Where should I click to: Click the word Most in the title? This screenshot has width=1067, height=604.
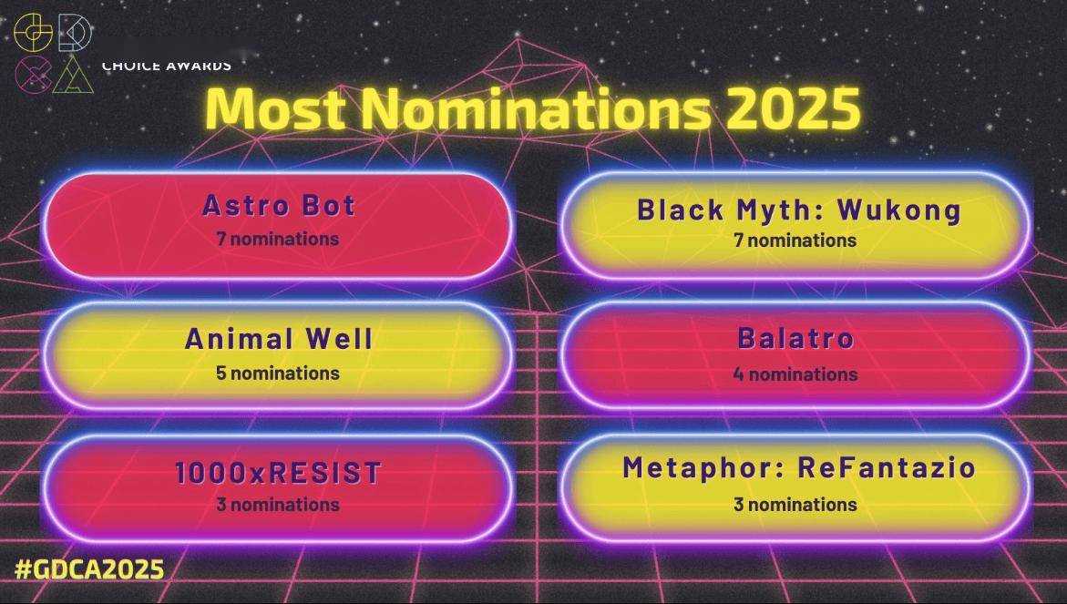click(x=275, y=108)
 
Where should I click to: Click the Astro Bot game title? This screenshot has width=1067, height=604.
click(x=279, y=205)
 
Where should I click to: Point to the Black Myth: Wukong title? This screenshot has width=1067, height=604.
click(x=799, y=210)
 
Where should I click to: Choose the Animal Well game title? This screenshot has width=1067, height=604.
click(x=278, y=339)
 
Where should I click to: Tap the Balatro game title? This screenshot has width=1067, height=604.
click(x=795, y=338)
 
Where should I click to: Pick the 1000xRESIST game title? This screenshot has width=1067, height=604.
click(x=278, y=473)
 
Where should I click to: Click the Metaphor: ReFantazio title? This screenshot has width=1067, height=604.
click(x=799, y=468)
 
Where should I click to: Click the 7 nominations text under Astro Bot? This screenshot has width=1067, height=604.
click(x=278, y=239)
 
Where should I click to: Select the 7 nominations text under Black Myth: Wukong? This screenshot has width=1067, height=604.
click(x=795, y=241)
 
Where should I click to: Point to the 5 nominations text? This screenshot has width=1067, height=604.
click(x=278, y=373)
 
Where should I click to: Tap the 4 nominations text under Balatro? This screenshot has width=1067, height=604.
click(x=795, y=374)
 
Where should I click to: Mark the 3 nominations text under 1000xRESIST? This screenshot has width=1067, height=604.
click(x=278, y=505)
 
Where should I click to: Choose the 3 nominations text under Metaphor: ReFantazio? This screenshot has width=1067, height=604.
click(x=795, y=505)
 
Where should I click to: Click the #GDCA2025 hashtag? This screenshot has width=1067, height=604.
click(x=89, y=568)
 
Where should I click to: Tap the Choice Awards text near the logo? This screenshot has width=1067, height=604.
click(x=167, y=66)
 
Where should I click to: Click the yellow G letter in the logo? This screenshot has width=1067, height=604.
click(x=33, y=32)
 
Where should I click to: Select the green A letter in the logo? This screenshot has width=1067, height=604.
click(x=74, y=75)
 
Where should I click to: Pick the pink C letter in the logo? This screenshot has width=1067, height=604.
click(x=33, y=75)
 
